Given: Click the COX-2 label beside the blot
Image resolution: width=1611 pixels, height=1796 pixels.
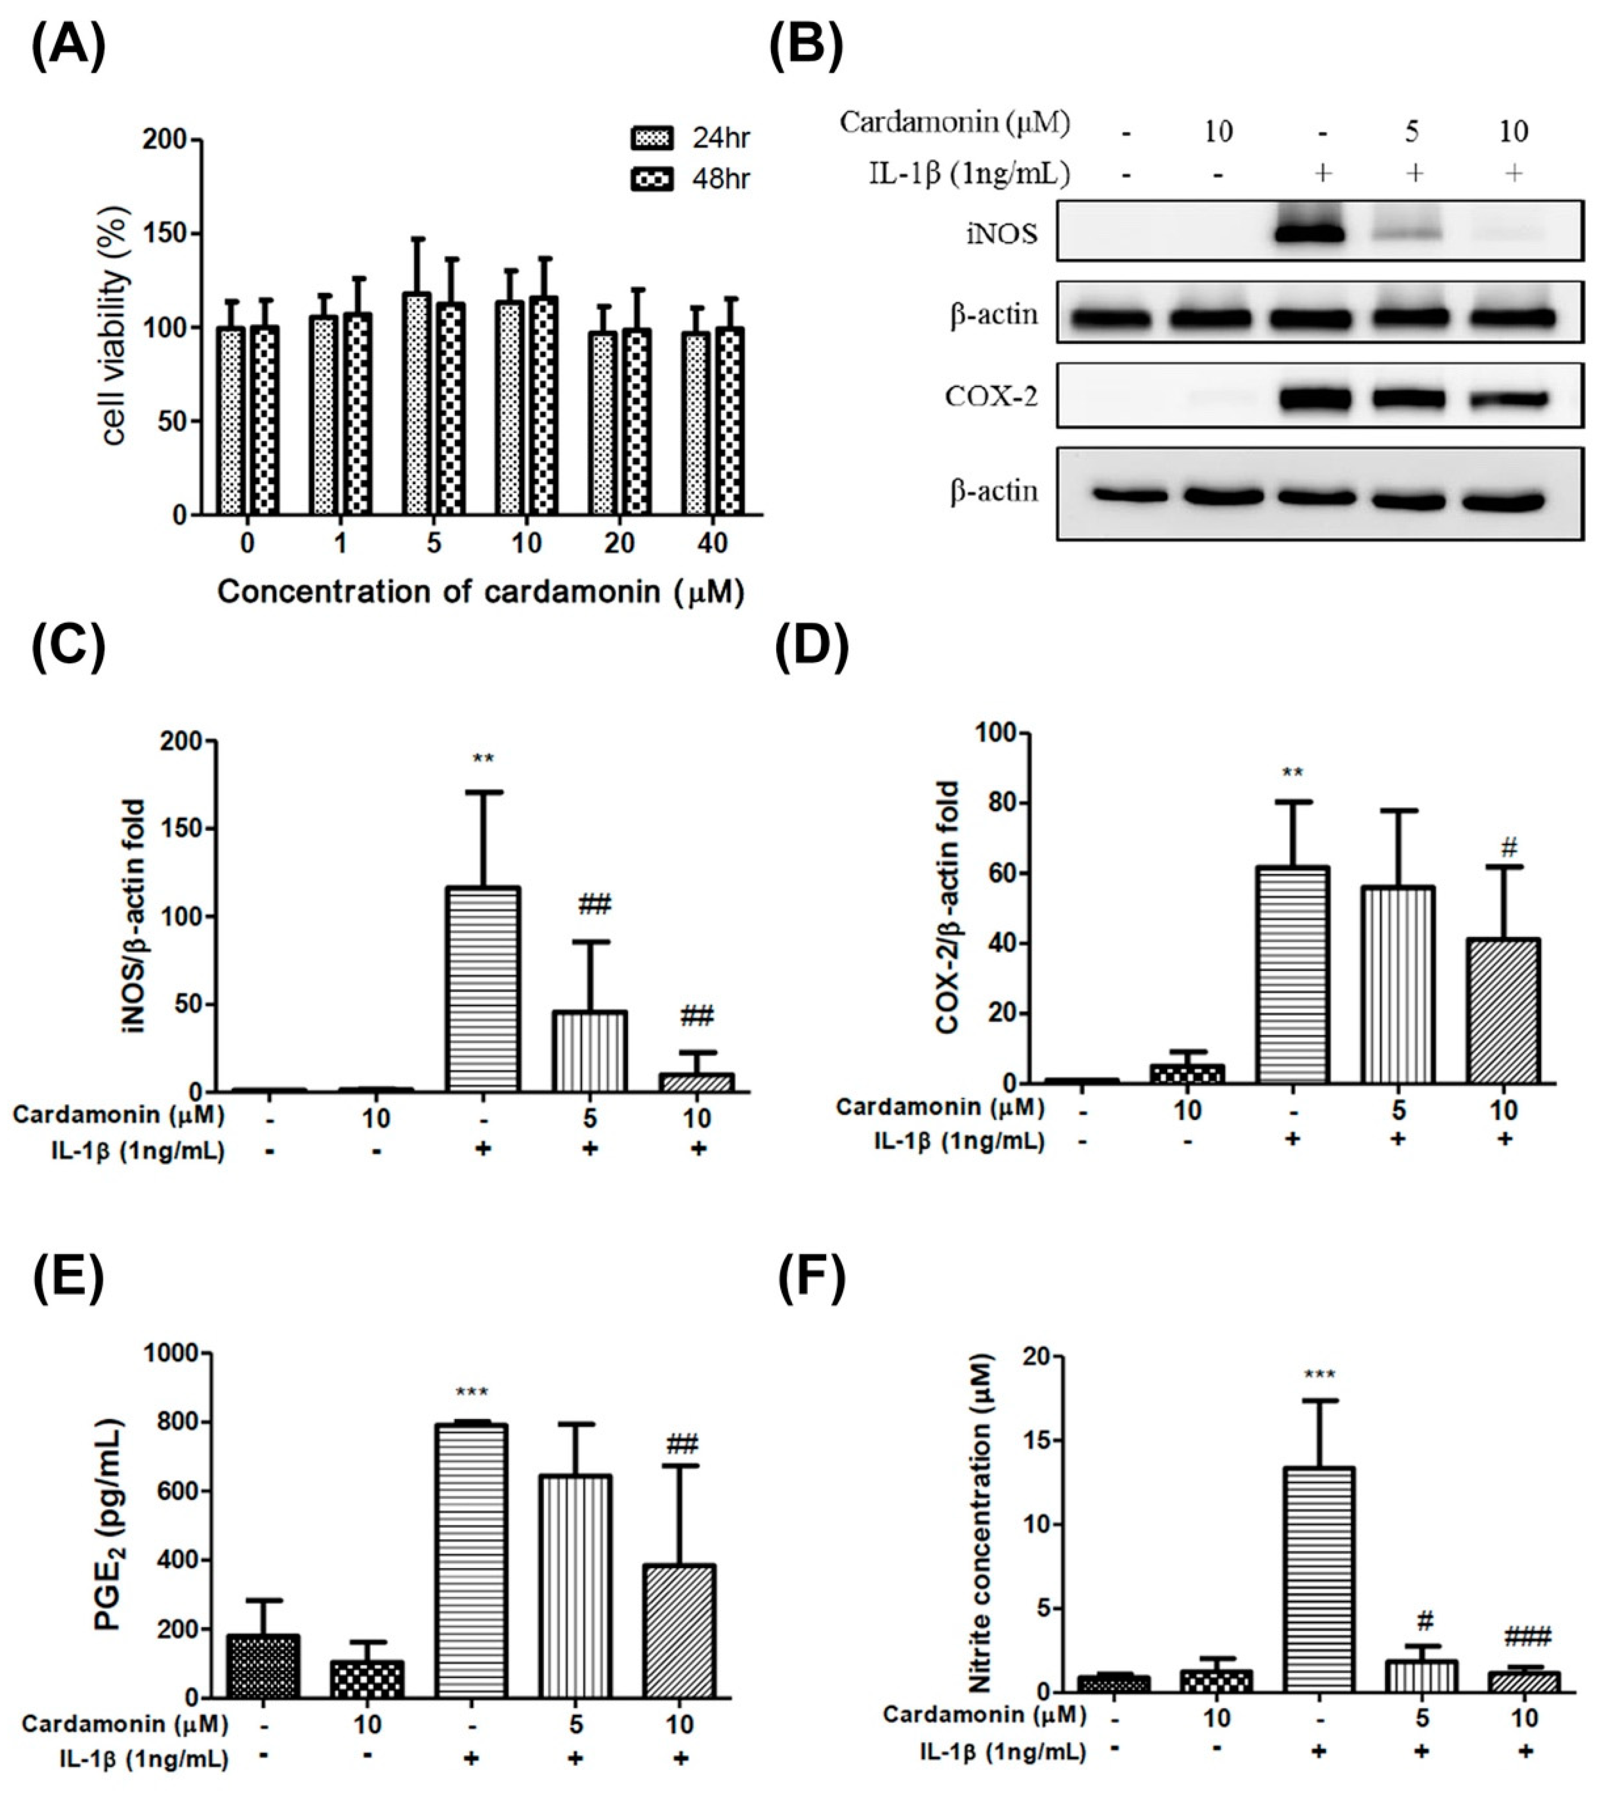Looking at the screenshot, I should point(991,397).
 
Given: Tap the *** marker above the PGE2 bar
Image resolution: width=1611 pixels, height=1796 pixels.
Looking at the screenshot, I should point(471,1393).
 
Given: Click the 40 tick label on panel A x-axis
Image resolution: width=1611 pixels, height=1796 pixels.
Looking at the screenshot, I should point(712,543).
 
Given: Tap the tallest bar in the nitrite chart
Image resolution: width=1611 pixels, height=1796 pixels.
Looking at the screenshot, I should point(1319,1579).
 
